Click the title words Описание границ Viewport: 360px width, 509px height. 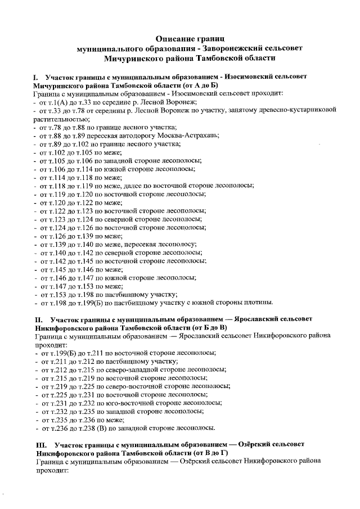tap(190, 38)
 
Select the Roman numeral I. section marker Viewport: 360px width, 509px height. tap(35, 75)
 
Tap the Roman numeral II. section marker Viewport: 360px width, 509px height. tap(37, 320)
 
